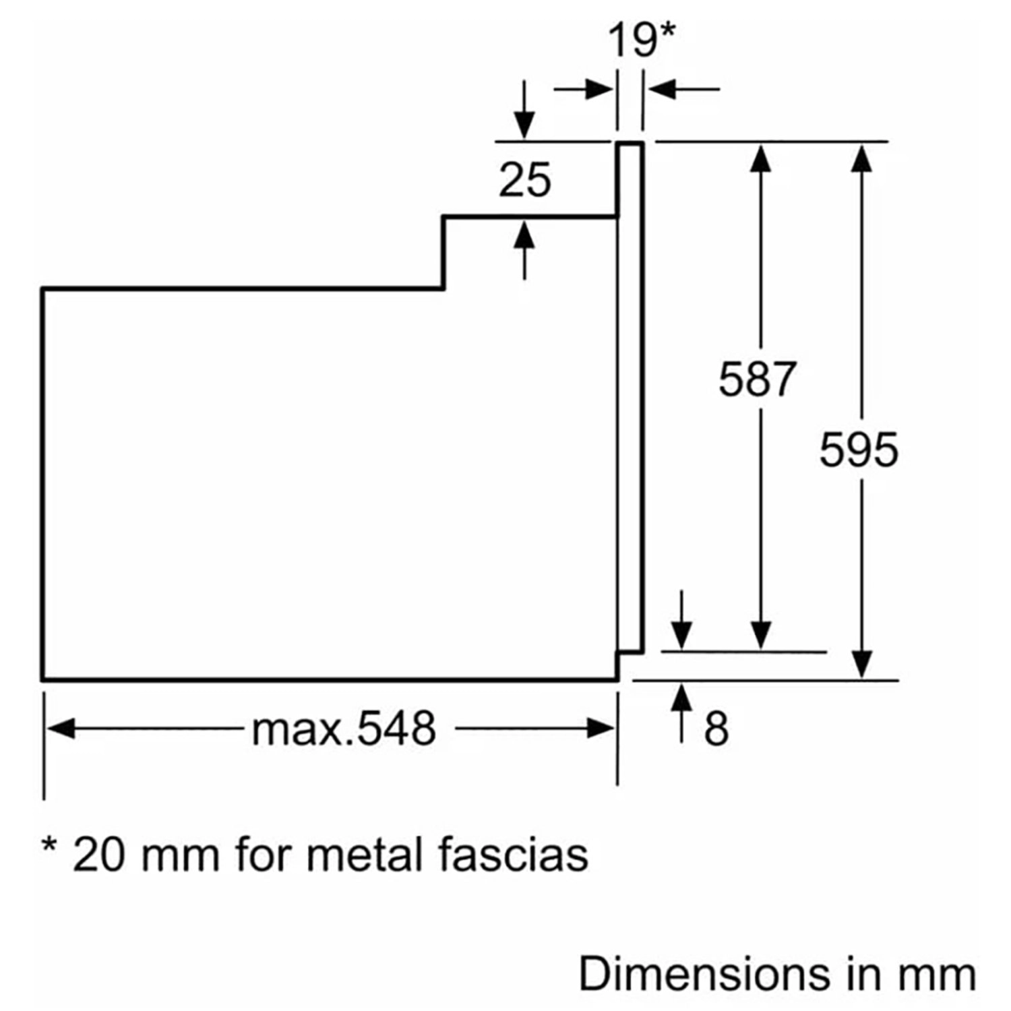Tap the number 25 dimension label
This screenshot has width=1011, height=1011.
pos(524,180)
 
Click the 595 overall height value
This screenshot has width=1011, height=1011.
pos(859,450)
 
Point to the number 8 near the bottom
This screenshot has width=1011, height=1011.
pos(716,729)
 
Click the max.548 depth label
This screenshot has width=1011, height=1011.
pos(344,729)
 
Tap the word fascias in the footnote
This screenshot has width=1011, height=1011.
pos(514,855)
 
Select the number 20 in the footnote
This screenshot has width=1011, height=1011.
pos(98,855)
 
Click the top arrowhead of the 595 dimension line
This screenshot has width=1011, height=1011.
pos(862,158)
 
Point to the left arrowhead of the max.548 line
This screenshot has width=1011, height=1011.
pos(61,729)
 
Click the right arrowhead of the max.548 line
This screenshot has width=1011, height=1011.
pos(600,729)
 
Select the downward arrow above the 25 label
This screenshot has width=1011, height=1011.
pos(524,124)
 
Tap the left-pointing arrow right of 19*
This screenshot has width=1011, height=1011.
pos(664,88)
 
